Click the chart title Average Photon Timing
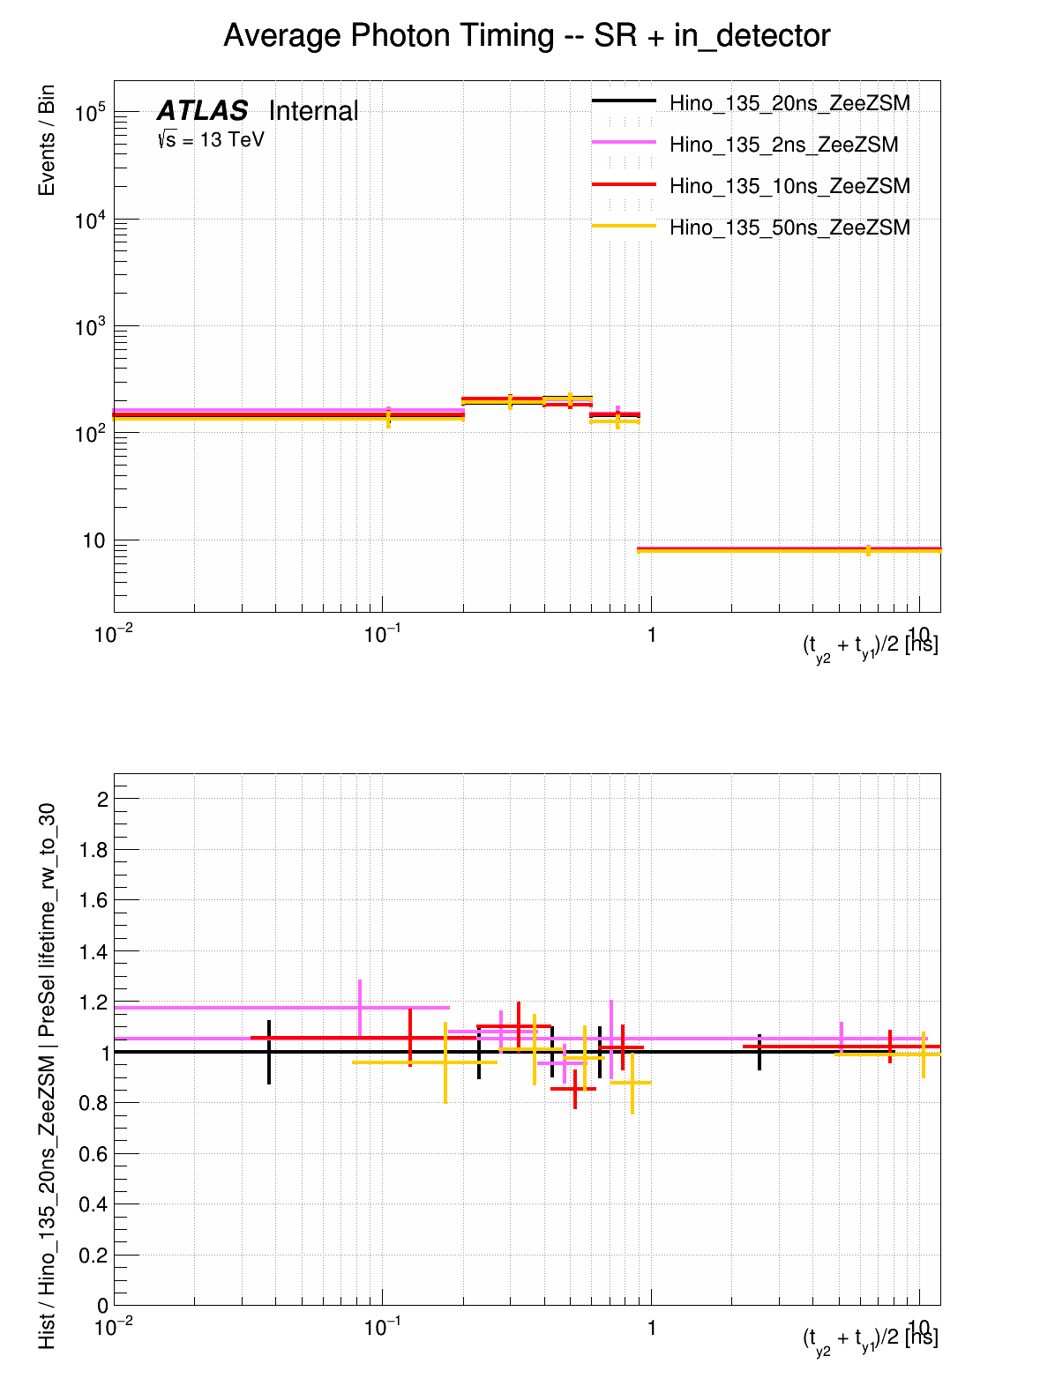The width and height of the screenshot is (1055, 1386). click(527, 36)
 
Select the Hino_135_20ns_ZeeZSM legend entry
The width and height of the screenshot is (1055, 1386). click(789, 103)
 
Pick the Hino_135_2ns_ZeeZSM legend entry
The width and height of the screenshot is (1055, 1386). click(783, 145)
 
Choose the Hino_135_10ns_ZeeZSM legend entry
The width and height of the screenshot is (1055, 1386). click(789, 186)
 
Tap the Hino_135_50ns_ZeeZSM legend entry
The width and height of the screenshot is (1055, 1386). click(789, 227)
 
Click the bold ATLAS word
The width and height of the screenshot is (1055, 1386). click(203, 111)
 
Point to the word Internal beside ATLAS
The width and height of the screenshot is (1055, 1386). click(313, 111)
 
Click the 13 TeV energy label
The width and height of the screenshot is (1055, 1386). click(212, 139)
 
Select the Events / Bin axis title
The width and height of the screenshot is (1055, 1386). click(47, 140)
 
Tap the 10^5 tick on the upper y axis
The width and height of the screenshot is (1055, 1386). click(90, 113)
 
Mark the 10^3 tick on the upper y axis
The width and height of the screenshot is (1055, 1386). click(90, 327)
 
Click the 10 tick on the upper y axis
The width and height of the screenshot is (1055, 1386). click(94, 540)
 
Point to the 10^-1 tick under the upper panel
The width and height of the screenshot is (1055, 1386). click(382, 635)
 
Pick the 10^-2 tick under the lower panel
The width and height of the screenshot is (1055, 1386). click(114, 1328)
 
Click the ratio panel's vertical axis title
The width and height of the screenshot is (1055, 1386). click(47, 1076)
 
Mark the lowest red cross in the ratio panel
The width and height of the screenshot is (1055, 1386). click(574, 1089)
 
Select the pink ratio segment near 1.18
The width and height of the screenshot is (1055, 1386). click(282, 1008)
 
